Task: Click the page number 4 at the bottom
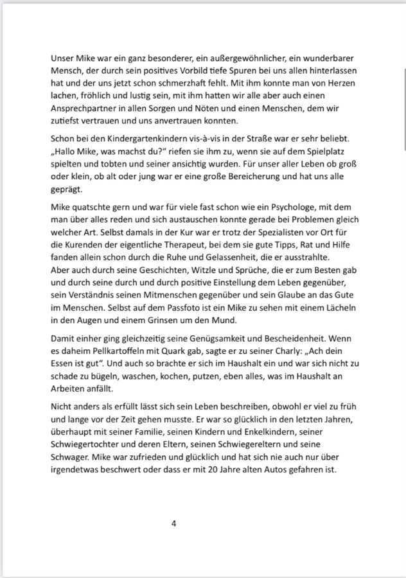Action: pos(174,523)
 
